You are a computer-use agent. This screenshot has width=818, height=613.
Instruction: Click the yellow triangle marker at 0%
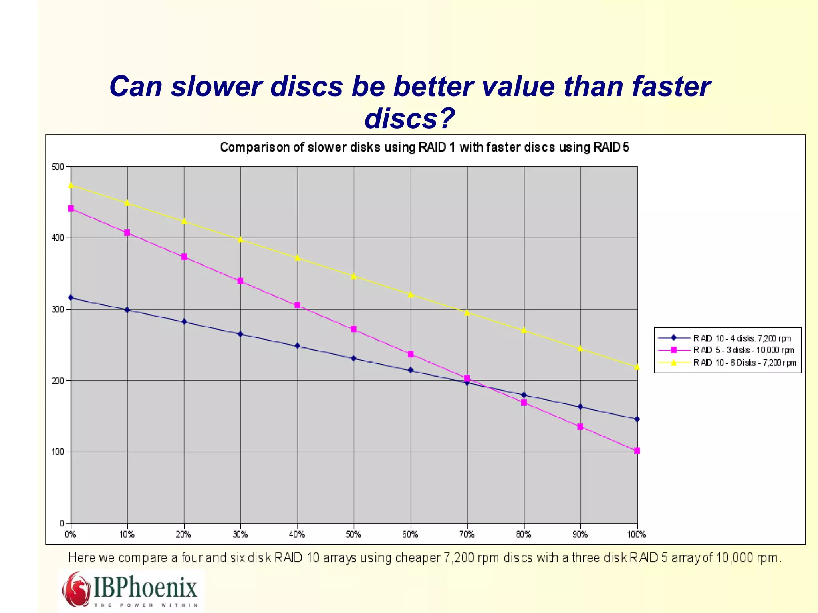point(71,185)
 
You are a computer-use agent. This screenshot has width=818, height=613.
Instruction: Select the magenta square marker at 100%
point(637,451)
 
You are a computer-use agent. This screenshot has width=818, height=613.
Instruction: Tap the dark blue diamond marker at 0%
point(71,298)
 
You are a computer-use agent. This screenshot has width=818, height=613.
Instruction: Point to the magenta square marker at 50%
point(353,329)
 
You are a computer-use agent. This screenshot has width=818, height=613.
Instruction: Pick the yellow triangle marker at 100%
point(637,367)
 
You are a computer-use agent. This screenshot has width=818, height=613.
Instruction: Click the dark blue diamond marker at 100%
point(637,419)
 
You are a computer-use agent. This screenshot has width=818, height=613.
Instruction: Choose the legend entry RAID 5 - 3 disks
point(743,350)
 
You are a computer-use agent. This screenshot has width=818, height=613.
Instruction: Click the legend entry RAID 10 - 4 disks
point(742,339)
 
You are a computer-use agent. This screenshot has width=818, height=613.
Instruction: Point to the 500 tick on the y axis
point(58,167)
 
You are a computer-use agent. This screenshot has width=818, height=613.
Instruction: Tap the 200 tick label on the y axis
point(58,381)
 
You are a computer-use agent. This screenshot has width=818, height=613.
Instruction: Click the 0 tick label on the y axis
point(62,523)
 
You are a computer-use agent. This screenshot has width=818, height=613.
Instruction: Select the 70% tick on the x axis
point(467,534)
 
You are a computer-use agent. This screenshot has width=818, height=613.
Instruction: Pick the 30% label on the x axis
point(240,534)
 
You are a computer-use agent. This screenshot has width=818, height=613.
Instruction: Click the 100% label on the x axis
point(636,534)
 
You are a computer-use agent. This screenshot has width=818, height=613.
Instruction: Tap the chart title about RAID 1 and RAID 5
point(425,147)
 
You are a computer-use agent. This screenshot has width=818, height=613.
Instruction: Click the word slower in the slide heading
point(217,86)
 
